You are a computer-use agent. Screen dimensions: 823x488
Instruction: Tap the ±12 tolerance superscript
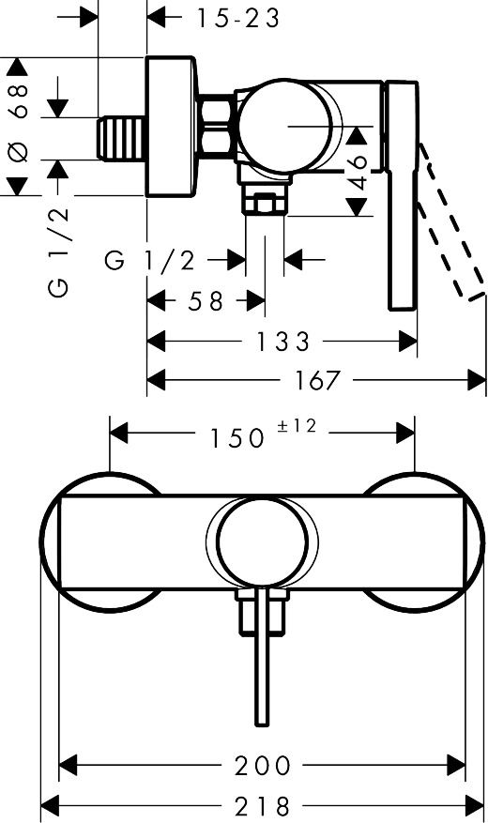297,427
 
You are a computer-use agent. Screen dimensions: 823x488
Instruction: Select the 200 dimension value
263,765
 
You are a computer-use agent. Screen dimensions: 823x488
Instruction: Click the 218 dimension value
263,805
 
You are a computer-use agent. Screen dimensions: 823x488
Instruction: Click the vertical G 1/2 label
57,251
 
